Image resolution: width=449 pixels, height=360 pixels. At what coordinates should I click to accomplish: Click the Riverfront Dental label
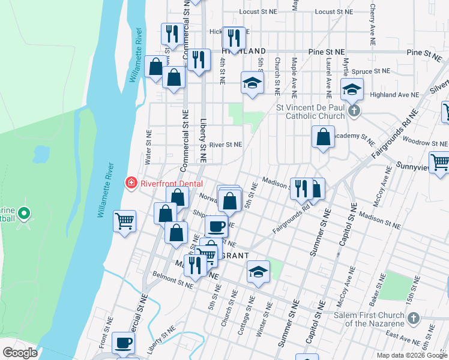click(171, 184)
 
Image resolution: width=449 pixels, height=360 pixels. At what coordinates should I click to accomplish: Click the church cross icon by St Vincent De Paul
click(355, 111)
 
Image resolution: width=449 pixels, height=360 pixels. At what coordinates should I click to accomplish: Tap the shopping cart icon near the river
click(125, 221)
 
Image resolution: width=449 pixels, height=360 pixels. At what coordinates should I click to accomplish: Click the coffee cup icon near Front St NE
click(124, 343)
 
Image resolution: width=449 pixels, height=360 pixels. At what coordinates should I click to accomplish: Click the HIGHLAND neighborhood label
click(244, 52)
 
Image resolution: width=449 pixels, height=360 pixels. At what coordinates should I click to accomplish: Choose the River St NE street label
click(225, 145)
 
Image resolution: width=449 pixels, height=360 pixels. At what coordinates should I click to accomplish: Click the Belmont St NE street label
click(173, 281)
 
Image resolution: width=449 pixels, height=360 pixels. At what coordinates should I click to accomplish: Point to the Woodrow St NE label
click(425, 143)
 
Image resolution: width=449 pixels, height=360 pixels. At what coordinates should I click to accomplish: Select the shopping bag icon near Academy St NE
click(323, 137)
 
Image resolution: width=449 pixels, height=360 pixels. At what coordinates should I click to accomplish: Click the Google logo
click(20, 352)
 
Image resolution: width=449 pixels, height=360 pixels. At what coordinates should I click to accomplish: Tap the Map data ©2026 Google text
click(412, 355)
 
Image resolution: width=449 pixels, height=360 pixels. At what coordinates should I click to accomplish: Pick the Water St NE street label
click(148, 148)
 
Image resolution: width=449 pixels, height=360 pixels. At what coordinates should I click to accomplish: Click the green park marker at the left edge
click(24, 213)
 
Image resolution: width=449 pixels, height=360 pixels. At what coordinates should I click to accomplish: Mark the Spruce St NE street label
click(372, 71)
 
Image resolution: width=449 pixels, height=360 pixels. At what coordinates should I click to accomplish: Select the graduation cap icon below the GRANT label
click(258, 273)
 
